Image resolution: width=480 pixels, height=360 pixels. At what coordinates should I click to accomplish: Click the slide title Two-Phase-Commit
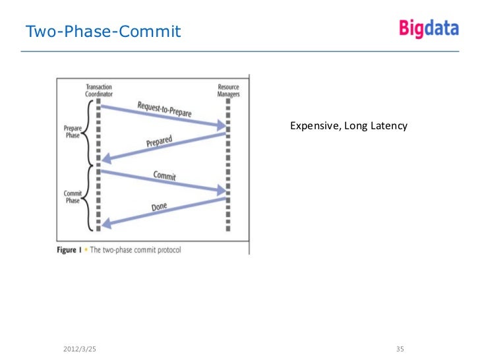pos(102,31)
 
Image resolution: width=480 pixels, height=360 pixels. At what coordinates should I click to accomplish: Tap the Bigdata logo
pos(428,28)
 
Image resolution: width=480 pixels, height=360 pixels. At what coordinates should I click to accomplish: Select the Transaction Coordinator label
pos(98,90)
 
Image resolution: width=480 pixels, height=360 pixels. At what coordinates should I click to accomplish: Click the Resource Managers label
pos(228,90)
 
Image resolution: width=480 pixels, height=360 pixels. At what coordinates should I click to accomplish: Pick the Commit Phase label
pos(72,196)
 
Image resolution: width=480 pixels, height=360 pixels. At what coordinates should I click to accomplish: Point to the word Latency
pos(389,126)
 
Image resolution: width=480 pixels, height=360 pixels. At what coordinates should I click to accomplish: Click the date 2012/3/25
pos(78,348)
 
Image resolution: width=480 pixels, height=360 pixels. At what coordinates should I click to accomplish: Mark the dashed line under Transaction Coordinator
pos(98,165)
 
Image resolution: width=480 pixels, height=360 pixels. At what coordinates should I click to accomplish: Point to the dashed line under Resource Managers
pos(228,165)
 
